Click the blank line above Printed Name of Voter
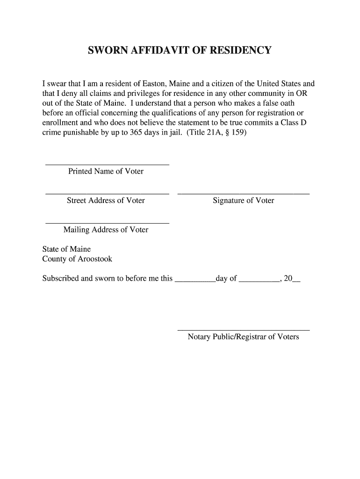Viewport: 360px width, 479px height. pyautogui.click(x=107, y=165)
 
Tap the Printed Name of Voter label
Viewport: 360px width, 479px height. pyautogui.click(x=106, y=171)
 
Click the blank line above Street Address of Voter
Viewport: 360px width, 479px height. pyautogui.click(x=107, y=193)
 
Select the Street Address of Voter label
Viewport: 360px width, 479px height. pyautogui.click(x=106, y=201)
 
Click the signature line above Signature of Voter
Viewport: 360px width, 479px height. pyautogui.click(x=244, y=193)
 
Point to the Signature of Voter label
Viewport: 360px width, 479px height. pyautogui.click(x=243, y=201)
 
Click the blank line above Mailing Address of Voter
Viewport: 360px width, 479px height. pyautogui.click(x=107, y=223)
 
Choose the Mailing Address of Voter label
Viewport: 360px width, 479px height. pyautogui.click(x=106, y=230)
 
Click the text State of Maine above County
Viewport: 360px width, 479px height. pyautogui.click(x=66, y=249)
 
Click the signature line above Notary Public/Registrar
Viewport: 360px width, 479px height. pyautogui.click(x=244, y=330)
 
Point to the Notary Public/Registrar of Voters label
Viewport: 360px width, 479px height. pyautogui.click(x=243, y=337)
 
